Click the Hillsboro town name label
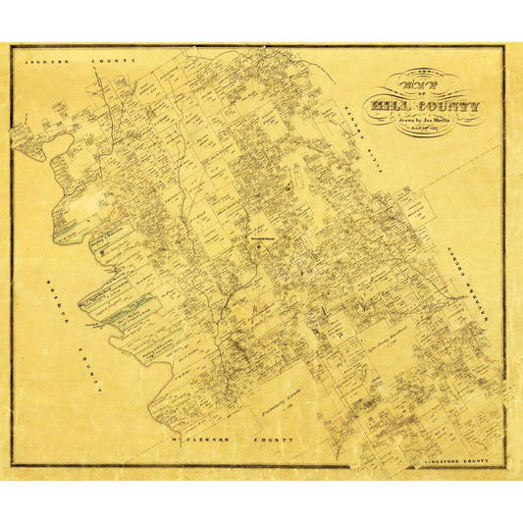(x=257, y=236)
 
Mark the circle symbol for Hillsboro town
(x=258, y=245)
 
